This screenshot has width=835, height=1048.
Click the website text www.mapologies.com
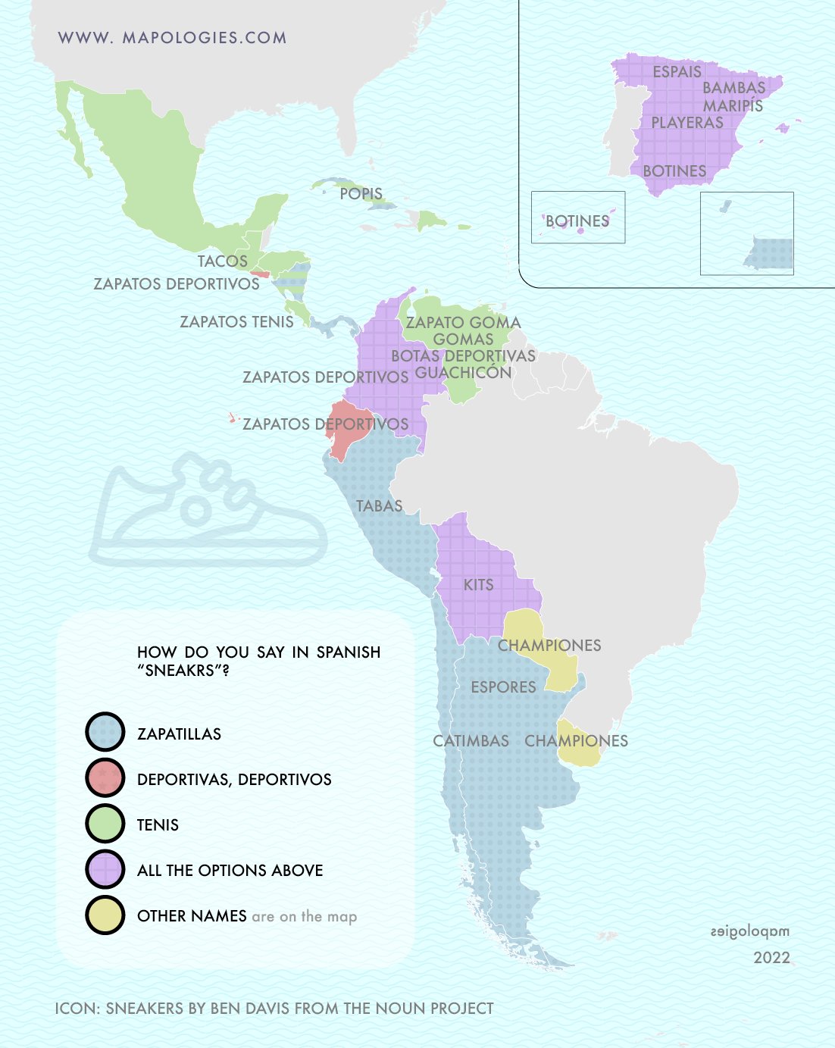click(x=172, y=38)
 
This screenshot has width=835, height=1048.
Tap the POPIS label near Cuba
click(x=361, y=194)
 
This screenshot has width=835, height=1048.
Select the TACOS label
click(x=223, y=261)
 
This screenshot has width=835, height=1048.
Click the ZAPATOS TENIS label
click(x=236, y=322)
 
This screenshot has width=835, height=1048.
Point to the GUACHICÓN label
click(x=464, y=373)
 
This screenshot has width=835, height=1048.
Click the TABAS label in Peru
click(x=379, y=505)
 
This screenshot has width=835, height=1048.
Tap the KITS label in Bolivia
click(x=478, y=585)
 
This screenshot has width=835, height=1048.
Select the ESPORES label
click(x=503, y=687)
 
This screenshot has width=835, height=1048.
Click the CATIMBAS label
click(x=471, y=741)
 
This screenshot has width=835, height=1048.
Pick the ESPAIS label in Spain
click(x=677, y=72)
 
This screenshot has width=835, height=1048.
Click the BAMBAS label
click(x=733, y=88)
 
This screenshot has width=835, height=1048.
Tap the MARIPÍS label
click(x=733, y=106)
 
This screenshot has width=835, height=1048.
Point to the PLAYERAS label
click(x=687, y=123)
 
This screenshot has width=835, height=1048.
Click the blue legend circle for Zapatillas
click(x=105, y=733)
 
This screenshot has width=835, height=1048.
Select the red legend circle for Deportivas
click(x=105, y=778)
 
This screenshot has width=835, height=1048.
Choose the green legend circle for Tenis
click(x=105, y=824)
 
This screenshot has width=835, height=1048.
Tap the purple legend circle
click(x=105, y=869)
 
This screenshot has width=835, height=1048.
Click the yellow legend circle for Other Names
click(x=105, y=915)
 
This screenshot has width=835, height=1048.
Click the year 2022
click(x=771, y=958)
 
